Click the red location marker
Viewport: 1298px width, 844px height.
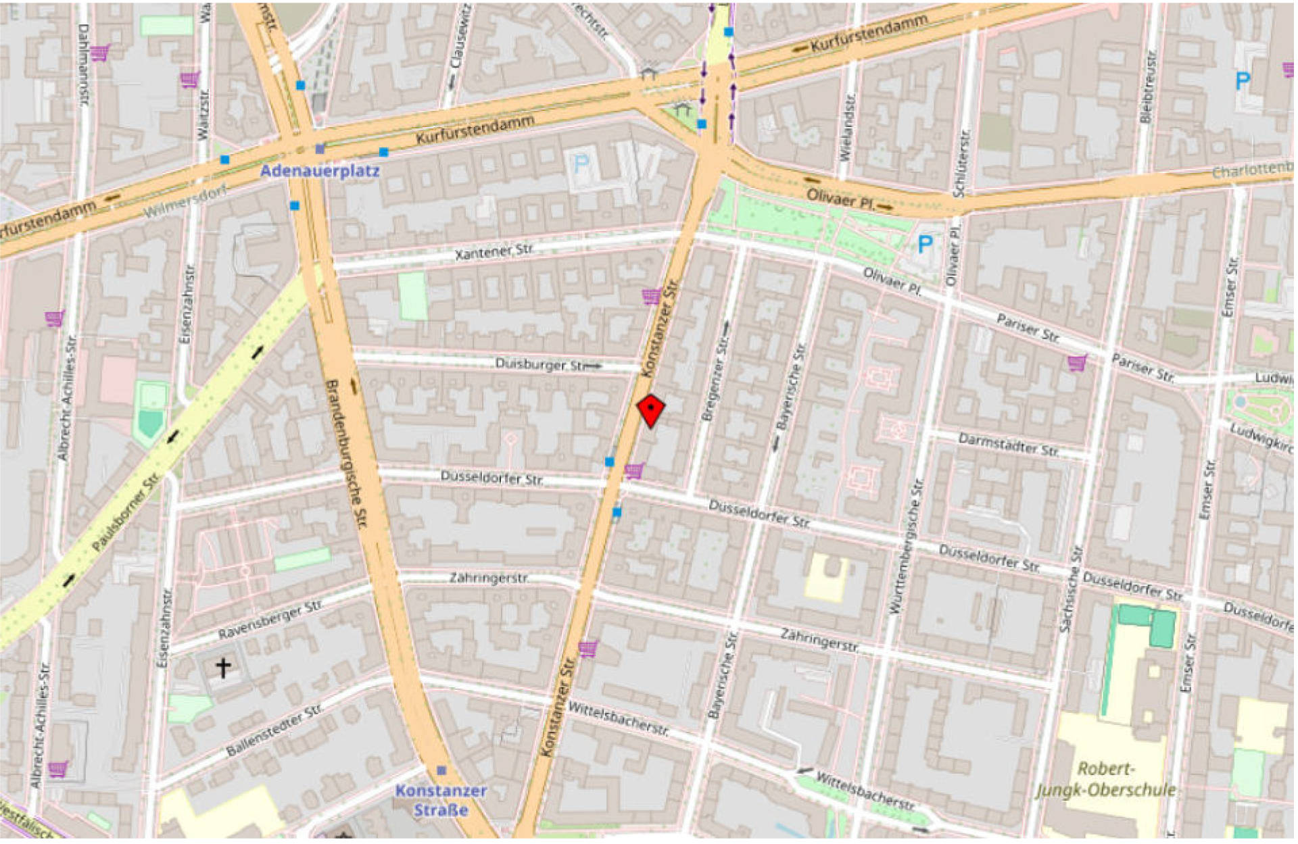click(650, 410)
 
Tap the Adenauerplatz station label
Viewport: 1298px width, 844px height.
click(320, 171)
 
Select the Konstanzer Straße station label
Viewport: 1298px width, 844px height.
click(441, 800)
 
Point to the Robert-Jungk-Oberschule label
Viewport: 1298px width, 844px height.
click(1105, 779)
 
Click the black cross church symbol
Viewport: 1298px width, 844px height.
click(223, 668)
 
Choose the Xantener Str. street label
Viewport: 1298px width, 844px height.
click(494, 252)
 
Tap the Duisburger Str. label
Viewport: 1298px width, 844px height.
click(541, 364)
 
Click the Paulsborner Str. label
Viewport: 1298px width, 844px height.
click(126, 512)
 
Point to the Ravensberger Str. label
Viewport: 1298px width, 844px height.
click(270, 620)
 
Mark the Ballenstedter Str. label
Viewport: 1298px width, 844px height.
click(274, 730)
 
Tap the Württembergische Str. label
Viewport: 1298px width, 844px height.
click(906, 547)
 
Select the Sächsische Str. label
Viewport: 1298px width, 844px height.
click(1071, 589)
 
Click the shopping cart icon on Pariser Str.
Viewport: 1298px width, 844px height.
click(1077, 363)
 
